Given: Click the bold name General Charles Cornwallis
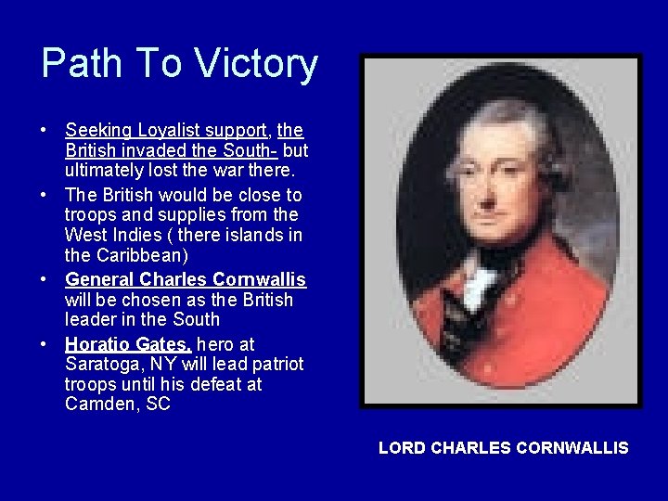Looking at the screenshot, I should coord(186,279).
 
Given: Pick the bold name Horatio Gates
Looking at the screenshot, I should coord(128,343).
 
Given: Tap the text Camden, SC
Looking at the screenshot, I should coord(118,405).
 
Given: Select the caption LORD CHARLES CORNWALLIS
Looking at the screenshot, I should coord(503,448).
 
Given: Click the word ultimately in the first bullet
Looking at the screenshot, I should coord(104,172).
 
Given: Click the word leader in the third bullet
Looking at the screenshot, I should coord(90,320).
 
